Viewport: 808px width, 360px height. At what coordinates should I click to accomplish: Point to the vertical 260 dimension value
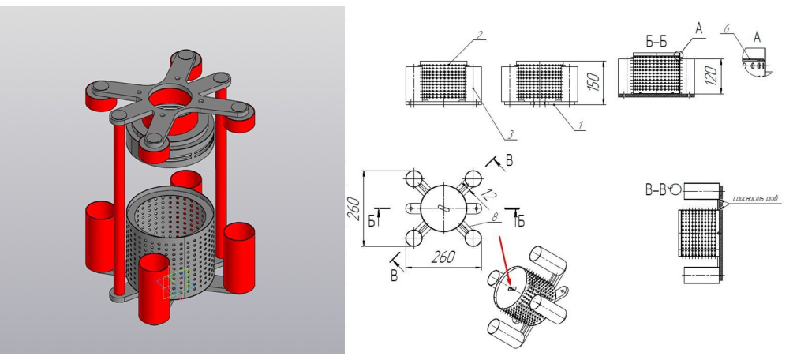click(x=353, y=208)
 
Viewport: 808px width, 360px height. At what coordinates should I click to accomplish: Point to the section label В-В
click(x=656, y=189)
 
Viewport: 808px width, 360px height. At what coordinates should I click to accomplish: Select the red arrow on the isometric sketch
click(x=506, y=261)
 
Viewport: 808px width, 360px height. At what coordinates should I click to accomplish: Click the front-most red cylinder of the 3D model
click(x=156, y=287)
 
